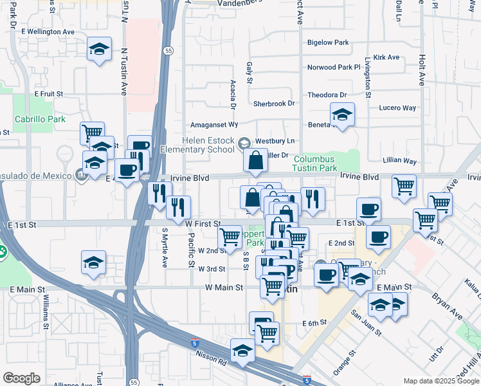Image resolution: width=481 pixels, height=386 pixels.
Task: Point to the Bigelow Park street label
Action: point(328,42)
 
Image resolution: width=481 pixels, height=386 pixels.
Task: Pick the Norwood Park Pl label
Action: point(334,67)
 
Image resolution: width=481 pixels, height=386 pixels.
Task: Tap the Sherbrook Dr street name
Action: point(273,103)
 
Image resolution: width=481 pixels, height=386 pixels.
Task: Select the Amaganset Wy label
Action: point(215,124)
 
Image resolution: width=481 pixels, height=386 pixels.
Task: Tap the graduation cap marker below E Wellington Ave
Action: point(99,50)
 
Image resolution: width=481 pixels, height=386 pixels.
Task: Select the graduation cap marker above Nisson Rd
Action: point(242,351)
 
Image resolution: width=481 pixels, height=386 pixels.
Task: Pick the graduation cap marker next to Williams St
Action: point(93,262)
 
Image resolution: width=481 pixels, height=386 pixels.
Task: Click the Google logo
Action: point(22,378)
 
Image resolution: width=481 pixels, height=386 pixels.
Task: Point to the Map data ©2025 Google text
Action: point(440,381)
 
